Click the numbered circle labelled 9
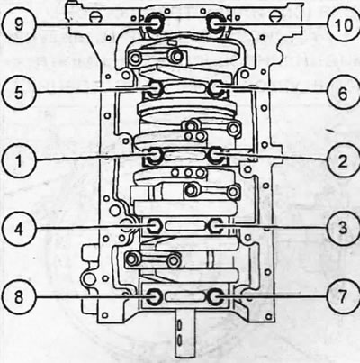point(19,23)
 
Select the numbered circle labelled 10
point(344,24)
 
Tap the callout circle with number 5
point(19,92)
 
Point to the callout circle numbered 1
point(19,160)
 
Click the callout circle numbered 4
point(19,229)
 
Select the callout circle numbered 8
point(19,297)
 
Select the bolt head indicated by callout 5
point(155,89)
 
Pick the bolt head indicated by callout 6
point(216,89)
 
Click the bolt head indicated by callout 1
point(155,156)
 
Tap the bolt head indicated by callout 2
point(216,156)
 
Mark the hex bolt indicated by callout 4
point(155,225)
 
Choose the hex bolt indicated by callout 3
point(216,225)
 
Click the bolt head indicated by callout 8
point(155,296)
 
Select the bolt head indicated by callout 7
point(216,296)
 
